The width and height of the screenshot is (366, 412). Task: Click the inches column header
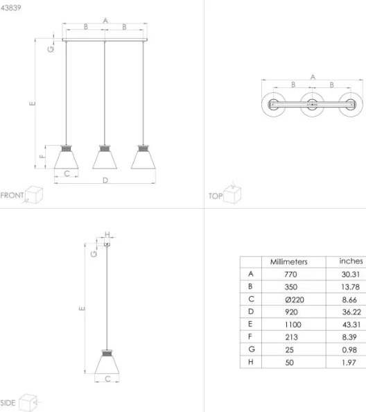click(350, 261)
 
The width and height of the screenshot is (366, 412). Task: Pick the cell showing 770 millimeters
click(290, 274)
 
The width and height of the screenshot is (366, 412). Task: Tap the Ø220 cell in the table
click(290, 299)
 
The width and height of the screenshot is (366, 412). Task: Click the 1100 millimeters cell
click(290, 325)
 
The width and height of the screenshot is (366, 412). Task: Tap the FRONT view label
click(12, 196)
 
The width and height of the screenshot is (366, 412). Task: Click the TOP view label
click(215, 196)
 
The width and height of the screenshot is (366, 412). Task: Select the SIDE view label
click(8, 402)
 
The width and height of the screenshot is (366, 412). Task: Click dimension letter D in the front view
click(105, 180)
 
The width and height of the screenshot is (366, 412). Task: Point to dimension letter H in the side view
click(107, 234)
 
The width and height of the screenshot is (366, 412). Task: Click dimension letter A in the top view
click(312, 76)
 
